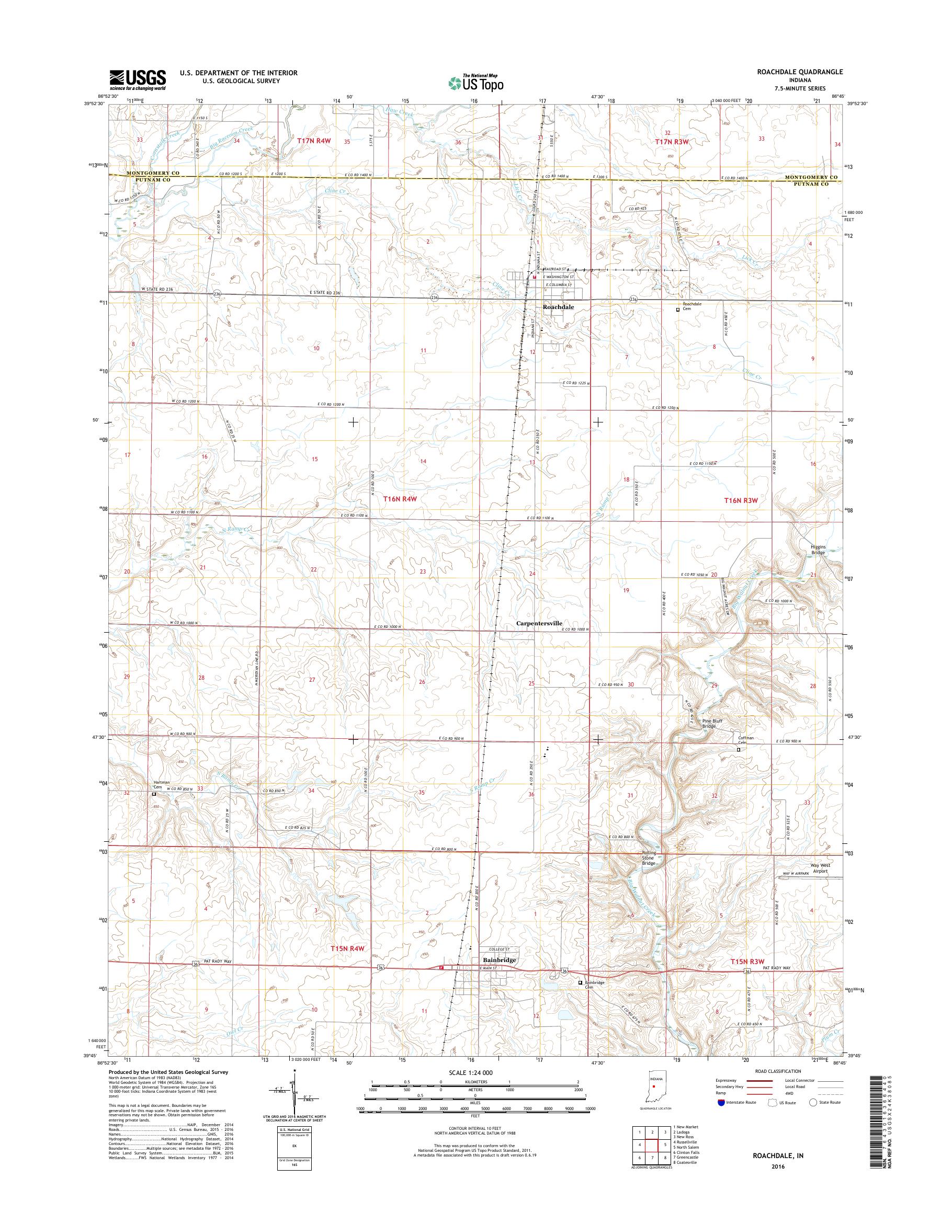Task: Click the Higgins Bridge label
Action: point(818,550)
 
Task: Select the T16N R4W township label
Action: point(400,499)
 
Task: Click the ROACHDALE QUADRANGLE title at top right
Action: point(807,72)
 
